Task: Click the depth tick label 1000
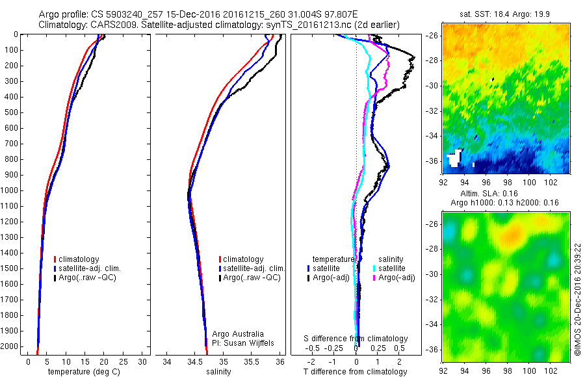click(10, 190)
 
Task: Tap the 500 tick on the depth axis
click(12, 112)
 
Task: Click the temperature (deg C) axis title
click(82, 372)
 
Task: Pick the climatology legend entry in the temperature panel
click(79, 259)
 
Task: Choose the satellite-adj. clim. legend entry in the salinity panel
click(253, 268)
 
